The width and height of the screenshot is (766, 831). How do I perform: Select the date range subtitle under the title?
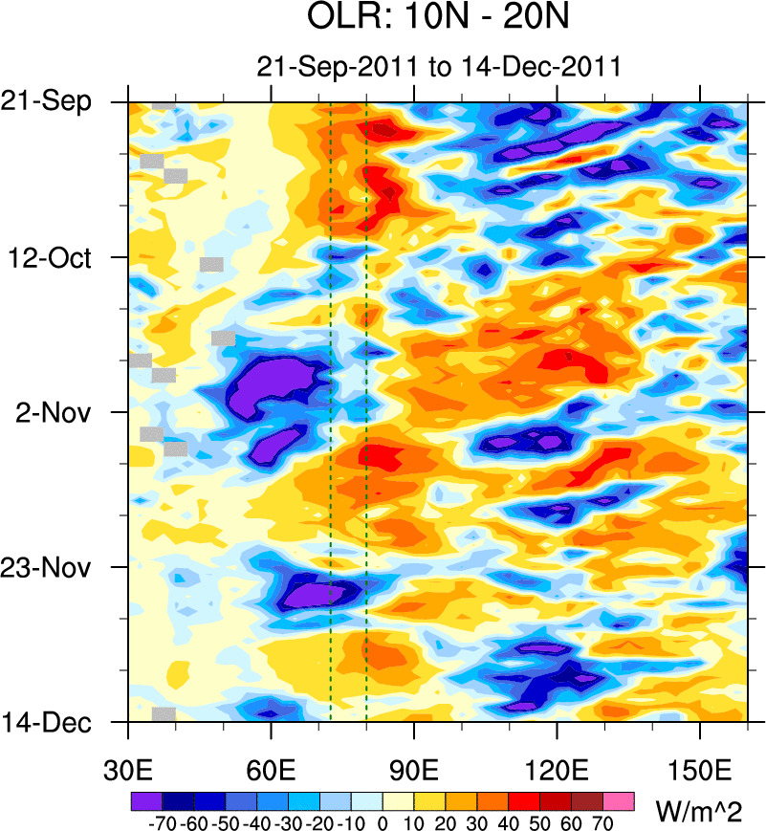click(x=439, y=67)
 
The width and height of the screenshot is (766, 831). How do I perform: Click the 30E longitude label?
click(x=128, y=769)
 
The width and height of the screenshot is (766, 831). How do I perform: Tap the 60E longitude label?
click(x=272, y=769)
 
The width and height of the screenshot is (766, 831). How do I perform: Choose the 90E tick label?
click(x=414, y=769)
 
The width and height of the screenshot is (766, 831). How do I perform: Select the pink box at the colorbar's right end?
click(x=620, y=800)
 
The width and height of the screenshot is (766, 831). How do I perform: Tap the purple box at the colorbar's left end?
click(x=146, y=800)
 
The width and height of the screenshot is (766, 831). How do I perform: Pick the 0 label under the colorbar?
click(x=383, y=821)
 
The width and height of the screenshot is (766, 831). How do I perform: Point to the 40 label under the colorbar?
click(x=509, y=821)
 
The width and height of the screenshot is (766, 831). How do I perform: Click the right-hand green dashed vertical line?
click(x=366, y=411)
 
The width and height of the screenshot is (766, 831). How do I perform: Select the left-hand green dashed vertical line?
click(x=331, y=411)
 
